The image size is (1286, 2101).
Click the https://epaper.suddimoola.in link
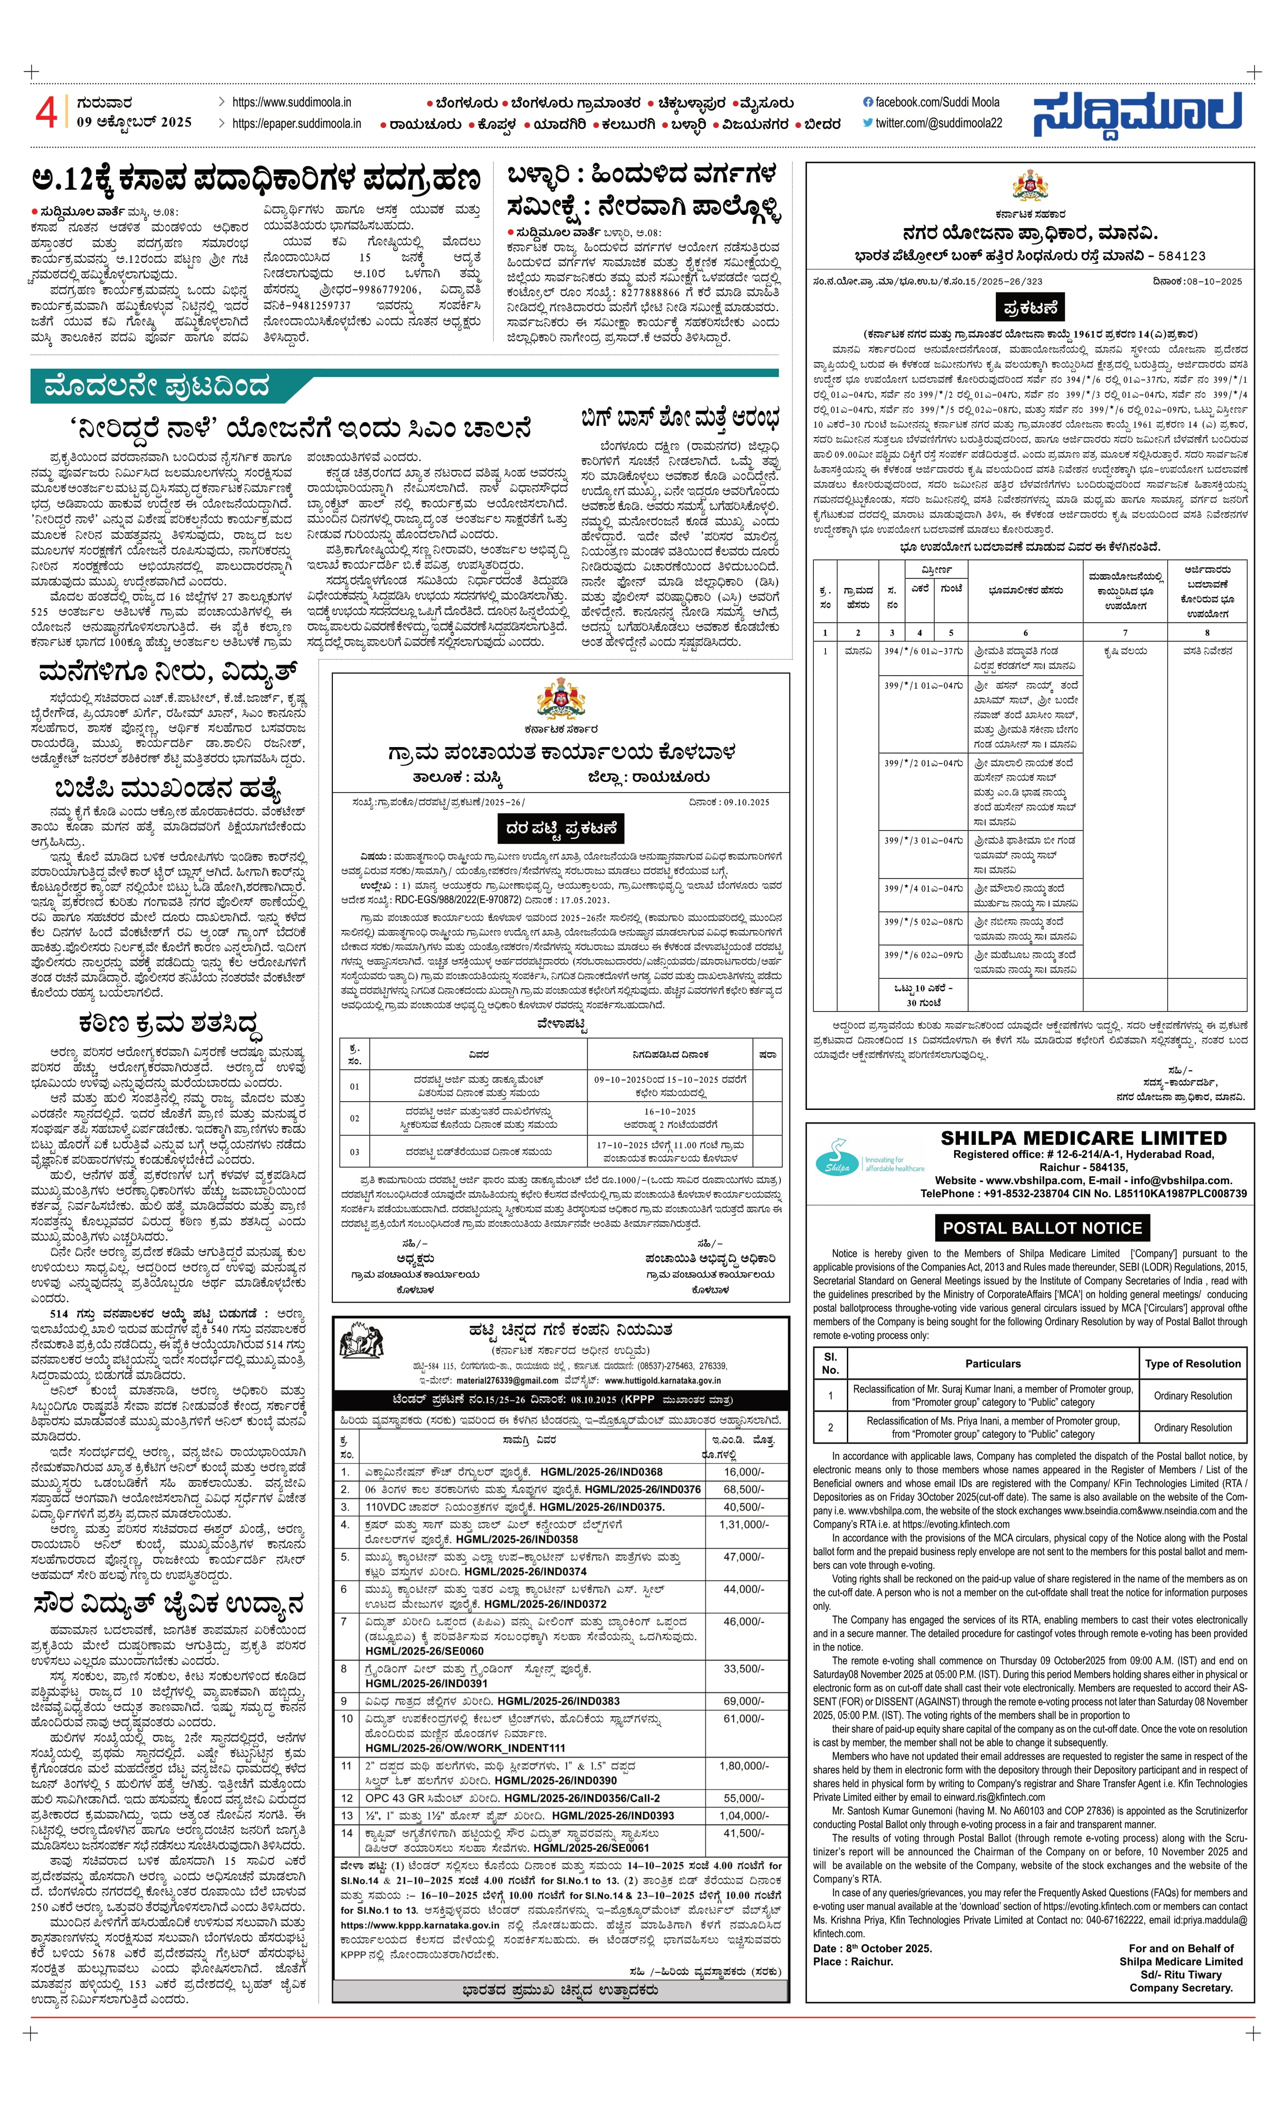297,124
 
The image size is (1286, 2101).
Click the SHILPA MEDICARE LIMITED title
1083,1139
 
